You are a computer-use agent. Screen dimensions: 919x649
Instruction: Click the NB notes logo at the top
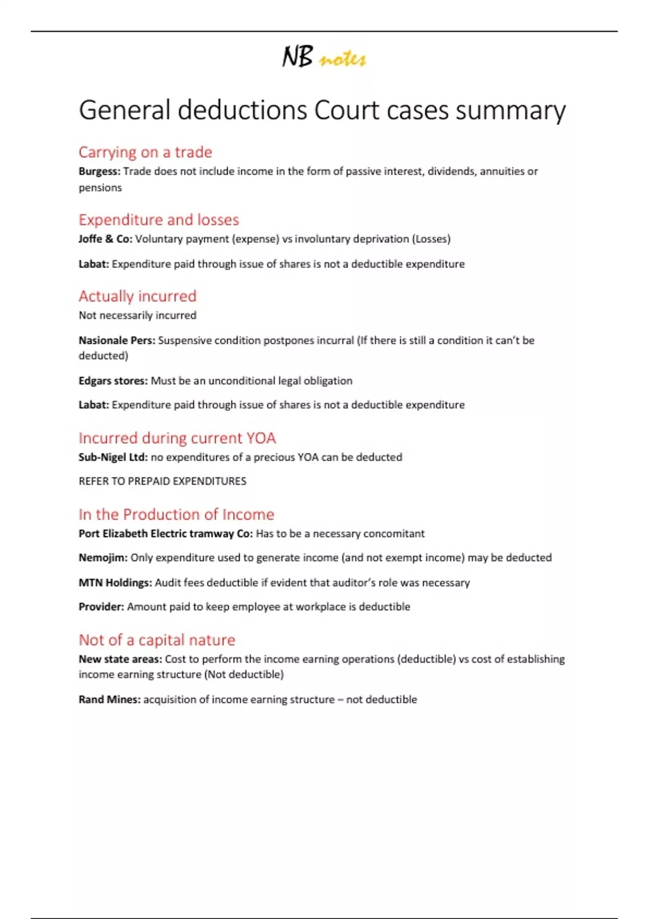(x=323, y=57)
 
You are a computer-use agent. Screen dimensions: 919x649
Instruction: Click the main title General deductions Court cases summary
(x=322, y=110)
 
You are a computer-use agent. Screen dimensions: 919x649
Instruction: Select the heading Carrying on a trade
(x=145, y=152)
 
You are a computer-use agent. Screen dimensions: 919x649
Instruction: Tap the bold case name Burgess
(x=99, y=171)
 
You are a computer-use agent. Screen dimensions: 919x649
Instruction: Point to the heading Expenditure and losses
(x=158, y=220)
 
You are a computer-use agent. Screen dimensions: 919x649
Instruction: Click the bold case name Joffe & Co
(x=105, y=239)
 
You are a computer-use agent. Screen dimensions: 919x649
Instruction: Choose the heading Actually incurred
(x=137, y=296)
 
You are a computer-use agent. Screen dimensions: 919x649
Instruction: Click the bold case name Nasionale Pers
(x=117, y=341)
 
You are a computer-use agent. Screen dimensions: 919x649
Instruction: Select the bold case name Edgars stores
(x=112, y=381)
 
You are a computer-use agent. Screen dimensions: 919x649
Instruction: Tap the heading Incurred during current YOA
(x=177, y=438)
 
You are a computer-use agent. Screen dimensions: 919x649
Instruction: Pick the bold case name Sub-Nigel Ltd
(x=112, y=457)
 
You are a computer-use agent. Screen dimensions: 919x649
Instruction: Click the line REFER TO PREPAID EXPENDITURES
(x=162, y=481)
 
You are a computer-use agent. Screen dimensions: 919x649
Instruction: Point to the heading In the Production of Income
(x=176, y=514)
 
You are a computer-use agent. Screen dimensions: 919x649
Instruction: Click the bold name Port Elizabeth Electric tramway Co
(x=165, y=534)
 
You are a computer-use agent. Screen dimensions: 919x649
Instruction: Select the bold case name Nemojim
(x=103, y=558)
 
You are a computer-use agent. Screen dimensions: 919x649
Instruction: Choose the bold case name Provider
(x=101, y=607)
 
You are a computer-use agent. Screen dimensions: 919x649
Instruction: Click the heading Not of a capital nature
(x=157, y=640)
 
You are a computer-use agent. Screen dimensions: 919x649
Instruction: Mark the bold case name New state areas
(x=120, y=659)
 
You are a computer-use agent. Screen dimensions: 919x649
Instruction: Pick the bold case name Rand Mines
(x=109, y=700)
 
